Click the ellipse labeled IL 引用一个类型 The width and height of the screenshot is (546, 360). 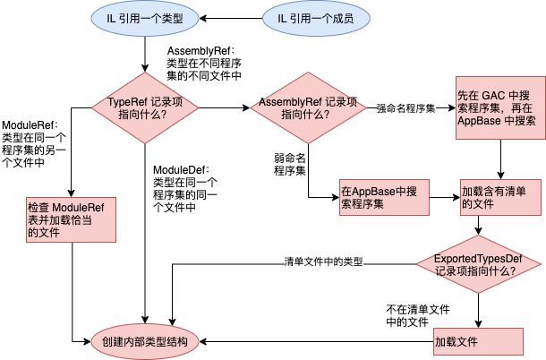pyautogui.click(x=146, y=18)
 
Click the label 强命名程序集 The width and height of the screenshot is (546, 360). pyautogui.click(x=405, y=108)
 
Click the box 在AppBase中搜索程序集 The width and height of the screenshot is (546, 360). pyautogui.click(x=383, y=197)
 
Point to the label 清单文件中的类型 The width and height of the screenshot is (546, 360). pyautogui.click(x=323, y=262)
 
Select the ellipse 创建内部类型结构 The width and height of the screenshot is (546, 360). pyautogui.click(x=146, y=342)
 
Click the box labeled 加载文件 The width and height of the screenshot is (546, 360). pyautogui.click(x=478, y=342)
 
